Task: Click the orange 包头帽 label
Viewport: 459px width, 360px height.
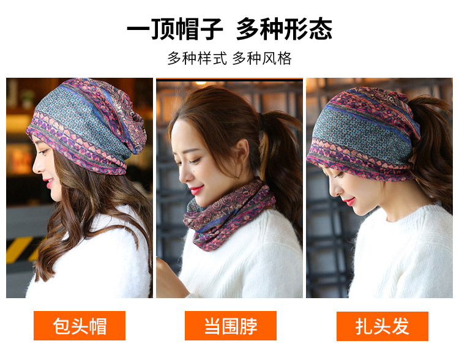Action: click(x=80, y=326)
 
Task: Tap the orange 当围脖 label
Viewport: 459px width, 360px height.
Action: click(x=230, y=326)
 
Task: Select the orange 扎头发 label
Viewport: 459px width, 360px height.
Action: click(x=382, y=326)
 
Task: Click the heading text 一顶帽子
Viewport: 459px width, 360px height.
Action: click(x=175, y=29)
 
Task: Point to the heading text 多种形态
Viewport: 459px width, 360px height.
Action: click(x=284, y=29)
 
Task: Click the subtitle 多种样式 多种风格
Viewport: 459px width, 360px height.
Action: click(x=229, y=58)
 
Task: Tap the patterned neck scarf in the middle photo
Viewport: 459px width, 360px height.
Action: click(x=228, y=214)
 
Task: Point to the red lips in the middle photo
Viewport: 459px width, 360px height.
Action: click(x=196, y=190)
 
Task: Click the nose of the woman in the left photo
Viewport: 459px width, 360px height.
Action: click(x=37, y=166)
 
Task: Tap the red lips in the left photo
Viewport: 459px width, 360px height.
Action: click(x=49, y=183)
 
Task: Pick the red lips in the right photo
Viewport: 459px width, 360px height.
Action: click(x=350, y=201)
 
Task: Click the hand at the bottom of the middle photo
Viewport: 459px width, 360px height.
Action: click(x=170, y=279)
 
